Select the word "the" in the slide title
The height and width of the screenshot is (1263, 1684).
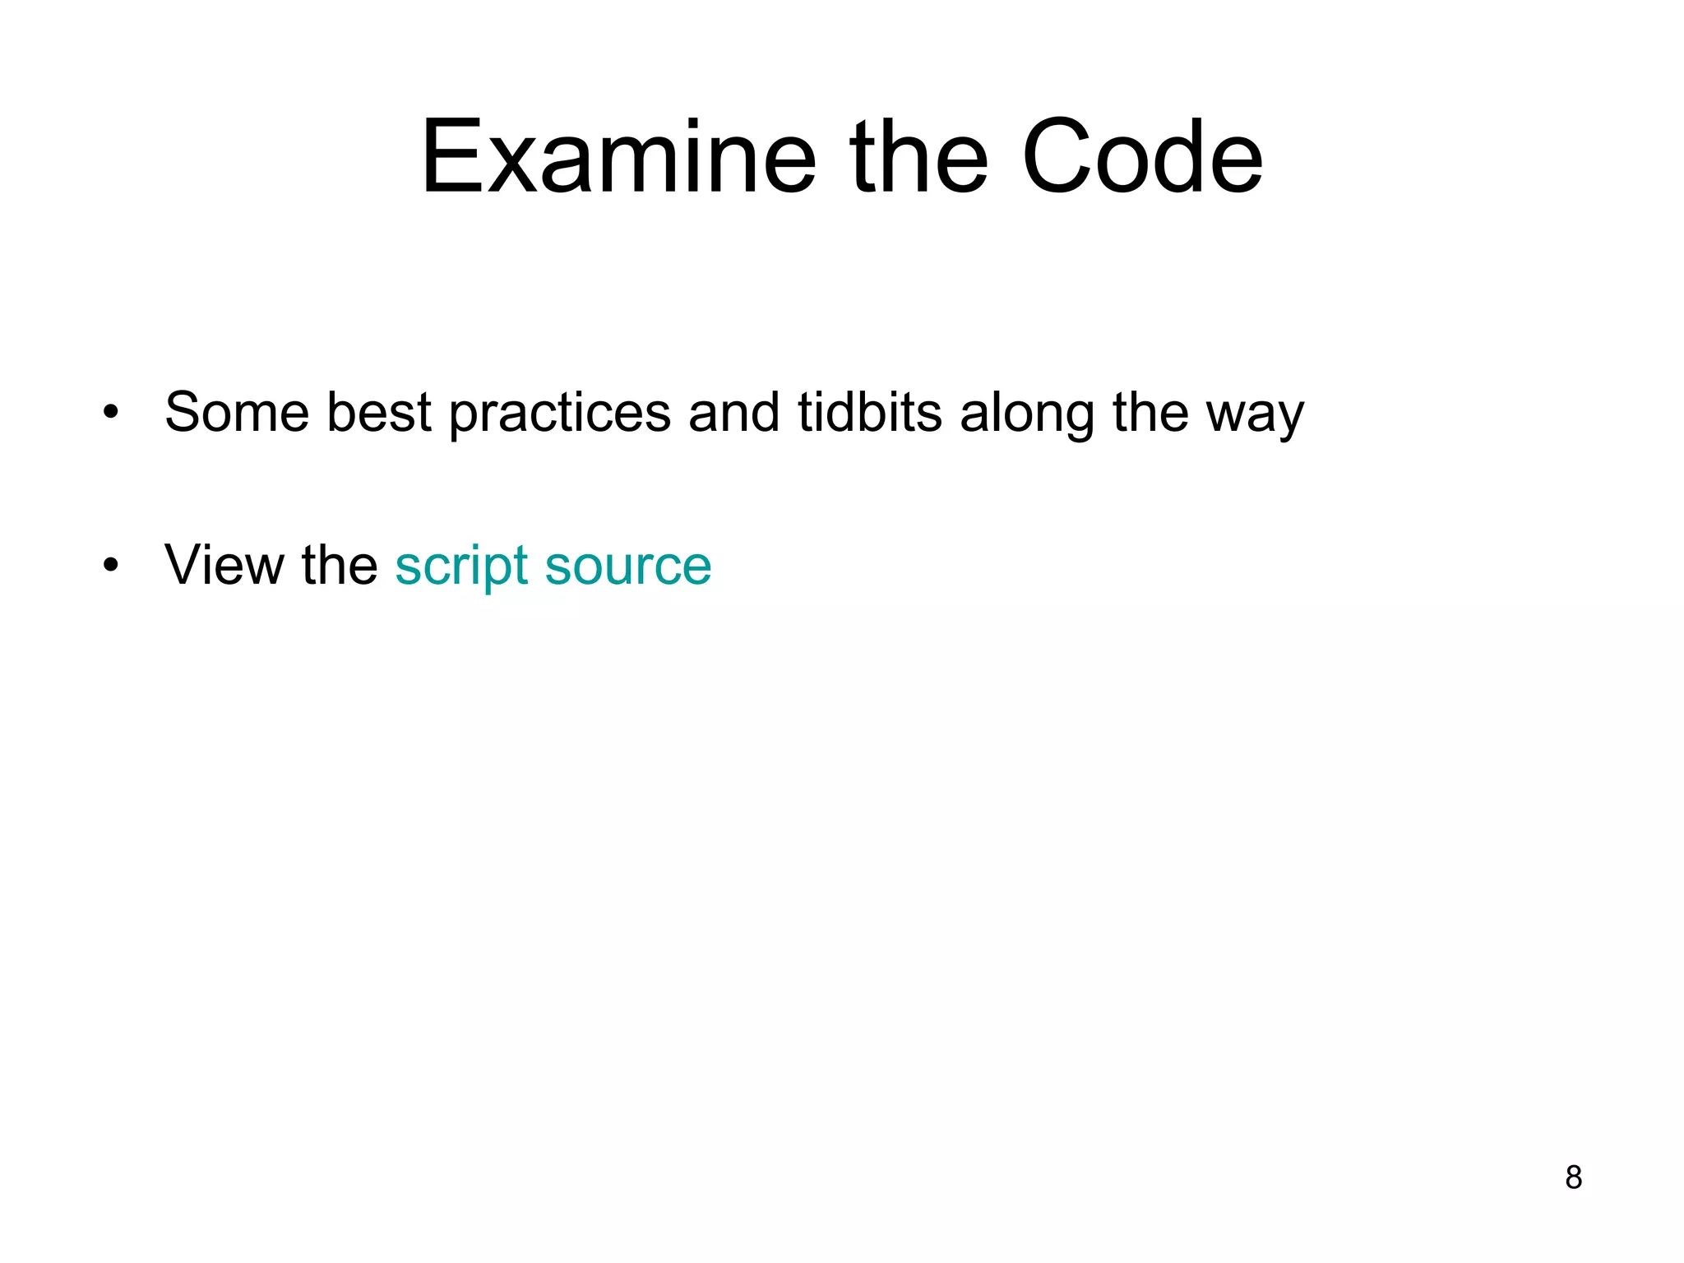[x=918, y=157]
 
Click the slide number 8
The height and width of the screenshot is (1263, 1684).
[x=1573, y=1177]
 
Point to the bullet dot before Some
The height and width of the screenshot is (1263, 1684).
[x=111, y=411]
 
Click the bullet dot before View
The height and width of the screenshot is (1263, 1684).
[x=111, y=565]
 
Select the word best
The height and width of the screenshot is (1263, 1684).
[x=379, y=411]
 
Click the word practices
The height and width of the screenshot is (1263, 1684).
[x=560, y=413]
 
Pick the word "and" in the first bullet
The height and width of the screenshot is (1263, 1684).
[x=733, y=411]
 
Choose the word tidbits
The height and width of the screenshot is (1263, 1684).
[x=870, y=411]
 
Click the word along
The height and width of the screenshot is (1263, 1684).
[x=1027, y=413]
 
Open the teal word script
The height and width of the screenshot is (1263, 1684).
[x=461, y=567]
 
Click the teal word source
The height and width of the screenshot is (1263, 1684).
[x=628, y=567]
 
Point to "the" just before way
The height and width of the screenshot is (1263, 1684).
[x=1150, y=411]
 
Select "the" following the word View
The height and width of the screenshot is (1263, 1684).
[x=339, y=565]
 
